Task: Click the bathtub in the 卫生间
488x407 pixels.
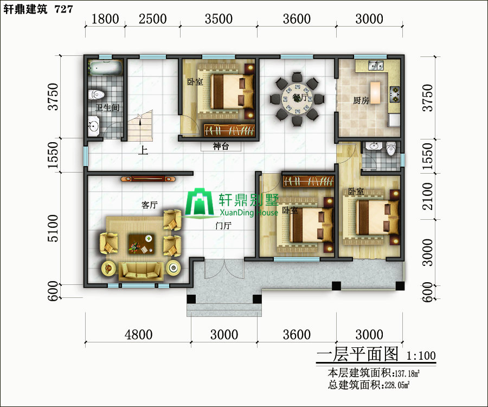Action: click(x=105, y=68)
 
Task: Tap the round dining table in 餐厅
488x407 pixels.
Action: click(x=297, y=99)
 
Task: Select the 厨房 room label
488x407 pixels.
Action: click(x=361, y=100)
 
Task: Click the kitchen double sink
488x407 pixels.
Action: click(x=376, y=66)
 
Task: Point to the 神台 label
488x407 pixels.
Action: click(x=221, y=146)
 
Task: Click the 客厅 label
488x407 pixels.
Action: click(x=150, y=205)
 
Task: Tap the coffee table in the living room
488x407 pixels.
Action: click(x=142, y=244)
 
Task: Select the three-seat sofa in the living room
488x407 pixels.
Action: click(x=141, y=271)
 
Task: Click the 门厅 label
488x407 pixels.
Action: click(x=223, y=225)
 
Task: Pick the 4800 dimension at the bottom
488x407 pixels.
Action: click(x=138, y=335)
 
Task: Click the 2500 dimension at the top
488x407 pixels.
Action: click(x=152, y=19)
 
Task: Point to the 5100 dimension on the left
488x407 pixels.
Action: click(x=53, y=228)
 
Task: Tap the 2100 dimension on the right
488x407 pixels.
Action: click(x=428, y=196)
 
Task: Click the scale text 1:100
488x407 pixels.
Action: click(x=421, y=355)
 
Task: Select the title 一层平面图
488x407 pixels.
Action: click(x=357, y=354)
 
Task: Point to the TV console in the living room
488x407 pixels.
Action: click(x=148, y=179)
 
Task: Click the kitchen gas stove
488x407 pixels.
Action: click(x=395, y=94)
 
